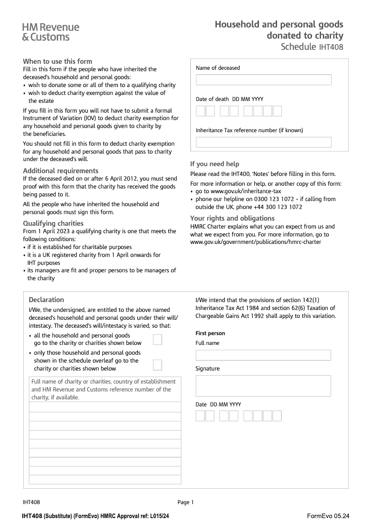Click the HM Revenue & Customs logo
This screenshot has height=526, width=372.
(x=50, y=32)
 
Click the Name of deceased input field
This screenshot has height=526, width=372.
(x=263, y=80)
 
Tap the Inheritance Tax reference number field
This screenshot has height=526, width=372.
(x=263, y=142)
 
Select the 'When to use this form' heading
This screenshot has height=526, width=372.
(x=58, y=61)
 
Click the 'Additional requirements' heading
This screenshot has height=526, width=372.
(x=60, y=171)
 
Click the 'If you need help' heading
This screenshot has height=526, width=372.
(x=214, y=164)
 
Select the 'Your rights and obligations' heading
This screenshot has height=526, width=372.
(x=232, y=218)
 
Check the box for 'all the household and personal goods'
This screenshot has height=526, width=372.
(x=157, y=339)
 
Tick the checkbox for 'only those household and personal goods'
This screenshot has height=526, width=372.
(x=157, y=364)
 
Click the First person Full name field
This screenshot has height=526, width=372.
(x=263, y=356)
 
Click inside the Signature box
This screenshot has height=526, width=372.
(x=263, y=385)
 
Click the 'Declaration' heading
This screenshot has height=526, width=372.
(x=46, y=300)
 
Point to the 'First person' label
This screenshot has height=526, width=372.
(x=210, y=333)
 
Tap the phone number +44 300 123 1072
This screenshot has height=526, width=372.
(x=278, y=207)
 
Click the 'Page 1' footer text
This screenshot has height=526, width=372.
(x=186, y=502)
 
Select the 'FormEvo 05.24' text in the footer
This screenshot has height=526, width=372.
(x=328, y=516)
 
